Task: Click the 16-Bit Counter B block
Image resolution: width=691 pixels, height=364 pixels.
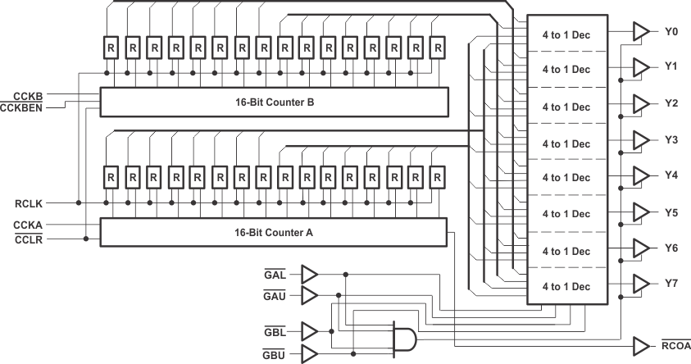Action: point(274,102)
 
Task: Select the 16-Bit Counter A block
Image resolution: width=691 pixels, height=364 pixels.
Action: point(273,232)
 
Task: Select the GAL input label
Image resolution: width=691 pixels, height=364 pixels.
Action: point(275,274)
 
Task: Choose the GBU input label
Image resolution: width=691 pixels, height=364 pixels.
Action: point(275,354)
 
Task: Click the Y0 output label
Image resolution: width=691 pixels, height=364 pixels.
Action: point(671,31)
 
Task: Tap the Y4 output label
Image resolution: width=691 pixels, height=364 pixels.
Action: point(671,175)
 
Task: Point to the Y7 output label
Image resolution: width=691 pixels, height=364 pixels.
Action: point(671,283)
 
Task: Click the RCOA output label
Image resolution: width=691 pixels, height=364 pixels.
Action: point(676,346)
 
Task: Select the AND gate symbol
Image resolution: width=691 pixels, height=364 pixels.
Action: point(401,336)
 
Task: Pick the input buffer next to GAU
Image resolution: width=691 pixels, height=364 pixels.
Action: point(309,293)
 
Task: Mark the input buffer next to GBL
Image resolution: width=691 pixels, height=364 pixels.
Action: point(309,330)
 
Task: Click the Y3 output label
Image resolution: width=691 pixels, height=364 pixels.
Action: point(671,139)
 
